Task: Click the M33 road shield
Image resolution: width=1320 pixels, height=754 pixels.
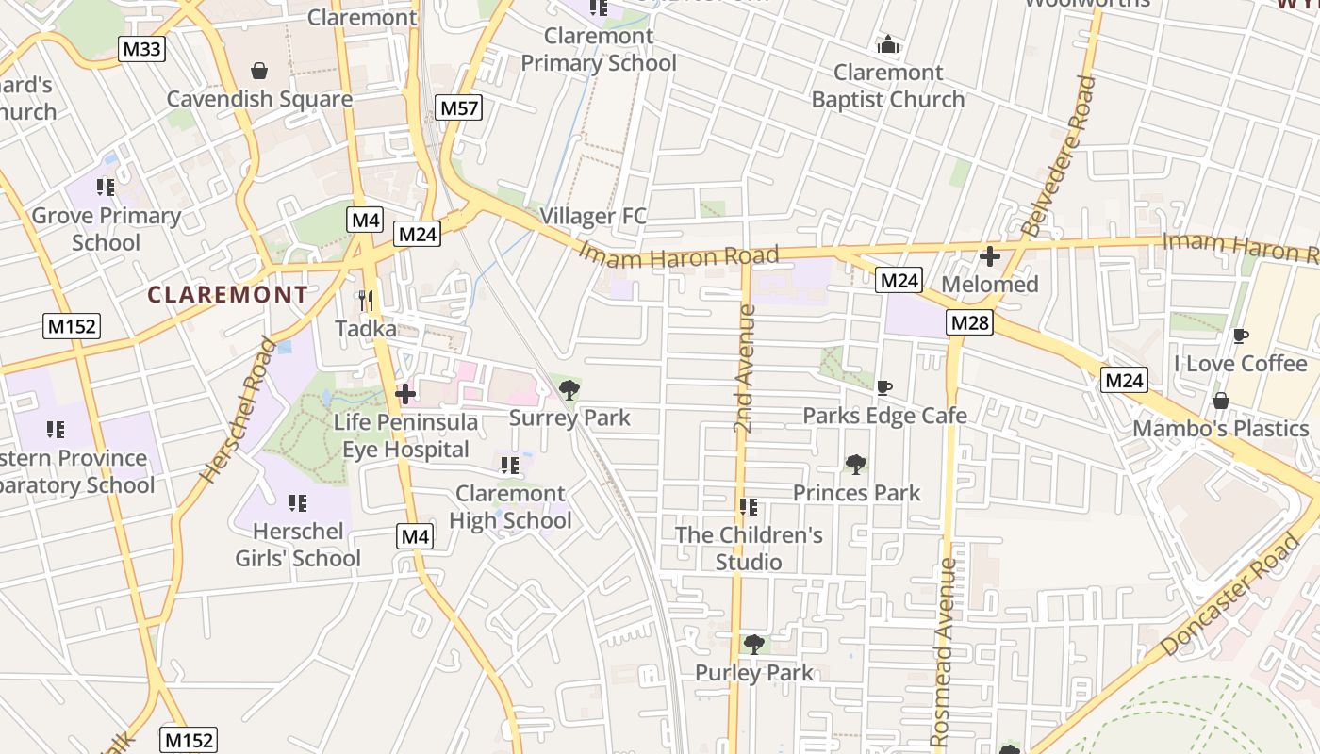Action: [x=141, y=49]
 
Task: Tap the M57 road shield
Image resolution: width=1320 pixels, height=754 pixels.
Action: [x=459, y=107]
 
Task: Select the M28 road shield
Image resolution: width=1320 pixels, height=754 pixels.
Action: [x=970, y=323]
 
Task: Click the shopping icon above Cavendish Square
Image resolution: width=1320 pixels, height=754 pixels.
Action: [x=259, y=71]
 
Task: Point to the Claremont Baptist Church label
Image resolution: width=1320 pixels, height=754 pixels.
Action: [x=887, y=86]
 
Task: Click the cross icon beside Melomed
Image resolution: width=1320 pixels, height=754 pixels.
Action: [x=990, y=255]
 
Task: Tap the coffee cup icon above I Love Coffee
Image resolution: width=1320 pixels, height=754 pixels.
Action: [x=1241, y=336]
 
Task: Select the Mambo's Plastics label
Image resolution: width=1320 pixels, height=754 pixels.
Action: [x=1220, y=428]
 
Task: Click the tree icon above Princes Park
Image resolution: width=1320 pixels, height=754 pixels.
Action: [x=856, y=464]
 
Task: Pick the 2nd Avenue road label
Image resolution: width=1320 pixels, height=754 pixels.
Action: [x=744, y=368]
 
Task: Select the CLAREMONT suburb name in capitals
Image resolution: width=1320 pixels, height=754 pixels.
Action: [x=228, y=294]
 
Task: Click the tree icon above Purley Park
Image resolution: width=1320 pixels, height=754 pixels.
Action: [x=753, y=645]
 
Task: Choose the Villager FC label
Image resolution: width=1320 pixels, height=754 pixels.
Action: [x=593, y=216]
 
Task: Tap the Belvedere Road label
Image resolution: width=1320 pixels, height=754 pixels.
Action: [x=1059, y=156]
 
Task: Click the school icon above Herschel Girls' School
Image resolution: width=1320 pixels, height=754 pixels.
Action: [x=298, y=502]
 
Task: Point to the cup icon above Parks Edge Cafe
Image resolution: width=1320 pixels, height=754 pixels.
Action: [x=883, y=387]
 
